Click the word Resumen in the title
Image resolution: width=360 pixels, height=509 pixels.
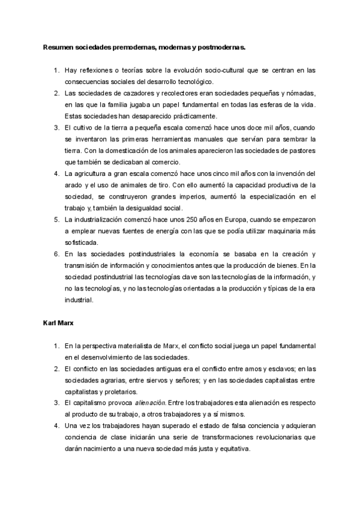57,46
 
